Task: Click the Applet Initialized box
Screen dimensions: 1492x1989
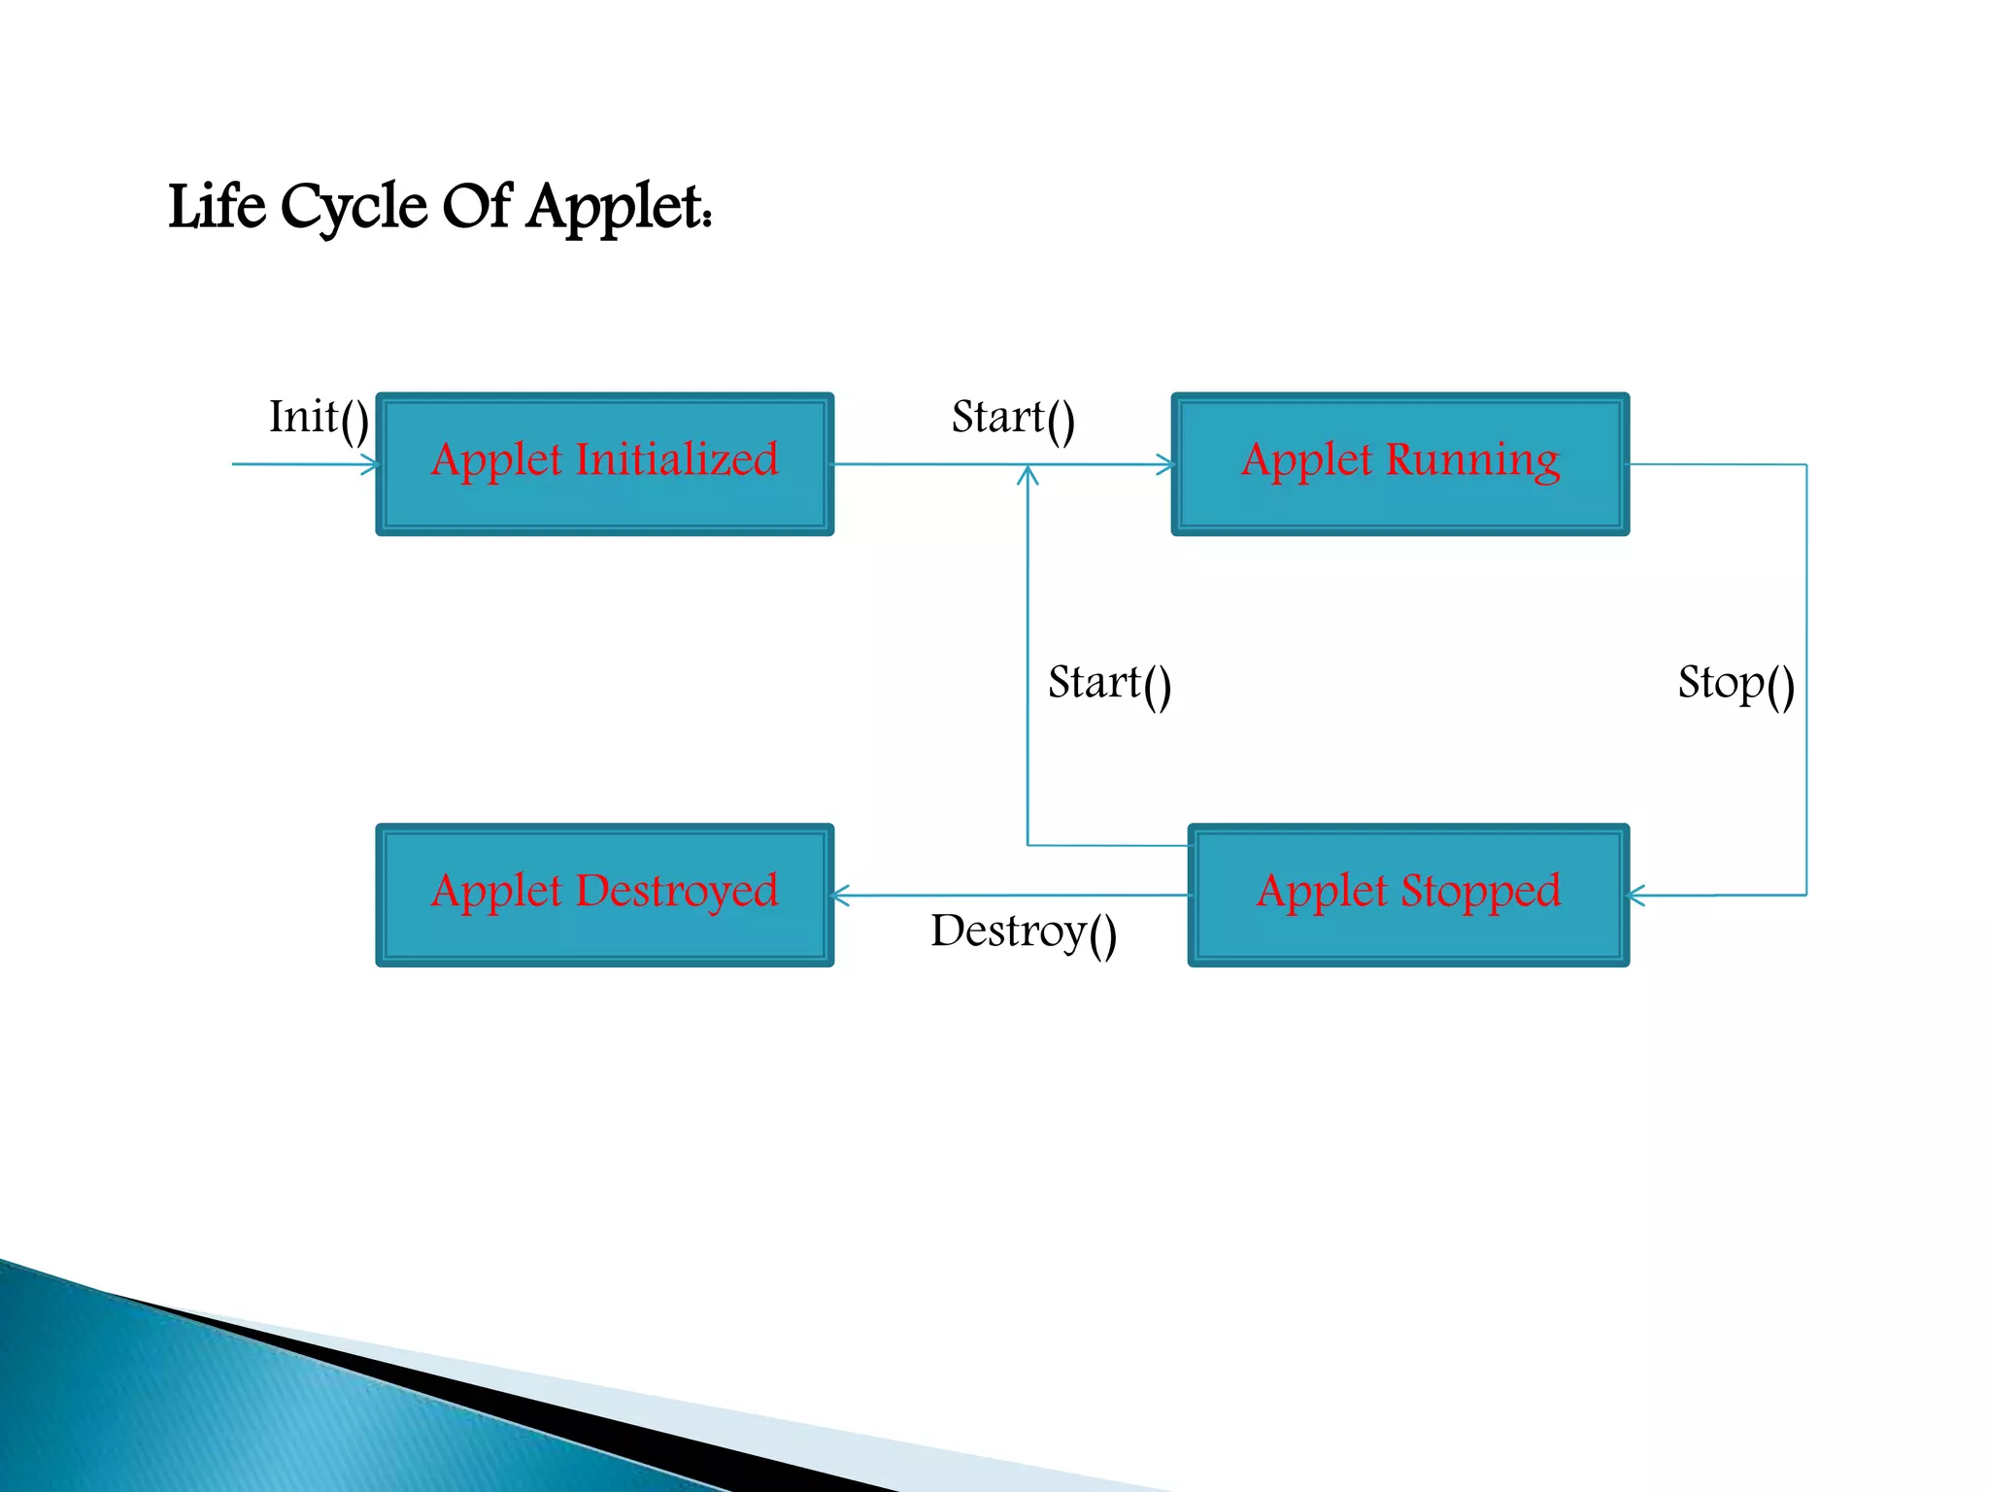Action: pyautogui.click(x=604, y=464)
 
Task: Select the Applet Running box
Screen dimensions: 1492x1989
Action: pyautogui.click(x=1399, y=464)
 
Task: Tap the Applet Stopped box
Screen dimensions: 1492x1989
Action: pyautogui.click(x=1407, y=895)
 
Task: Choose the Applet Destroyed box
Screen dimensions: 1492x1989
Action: pyautogui.click(x=604, y=895)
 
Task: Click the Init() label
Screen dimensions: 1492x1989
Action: pyautogui.click(x=319, y=418)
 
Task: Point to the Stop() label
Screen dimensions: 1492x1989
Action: pyautogui.click(x=1736, y=683)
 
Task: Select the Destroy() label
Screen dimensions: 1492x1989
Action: pyautogui.click(x=1023, y=932)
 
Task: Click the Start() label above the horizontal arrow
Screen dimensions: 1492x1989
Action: pyautogui.click(x=1012, y=418)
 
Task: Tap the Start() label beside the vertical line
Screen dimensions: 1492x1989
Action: pyautogui.click(x=1109, y=683)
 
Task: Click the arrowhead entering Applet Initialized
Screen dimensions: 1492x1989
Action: pyautogui.click(x=370, y=465)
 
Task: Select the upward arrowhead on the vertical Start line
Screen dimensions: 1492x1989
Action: pyautogui.click(x=1028, y=475)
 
